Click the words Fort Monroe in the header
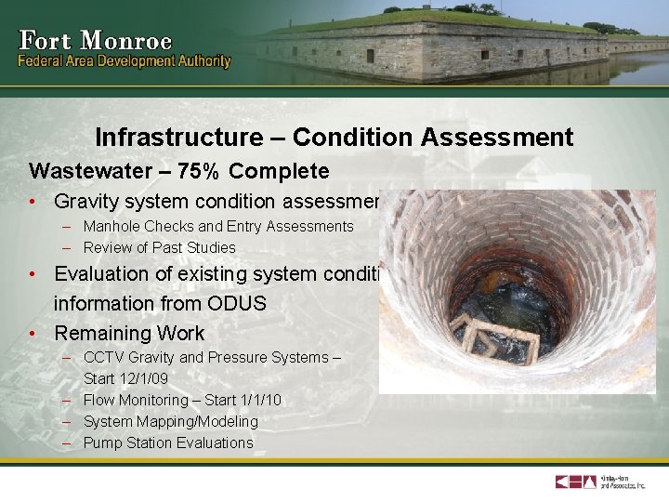[x=96, y=41]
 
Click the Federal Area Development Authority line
[x=125, y=61]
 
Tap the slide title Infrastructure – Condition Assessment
[x=334, y=138]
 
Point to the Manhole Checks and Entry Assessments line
[x=218, y=226]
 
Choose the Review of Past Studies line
[x=159, y=247]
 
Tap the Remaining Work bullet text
[x=129, y=333]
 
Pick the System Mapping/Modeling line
[x=171, y=421]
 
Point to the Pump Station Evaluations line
[x=168, y=443]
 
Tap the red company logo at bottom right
[x=576, y=482]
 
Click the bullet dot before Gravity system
[x=33, y=201]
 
